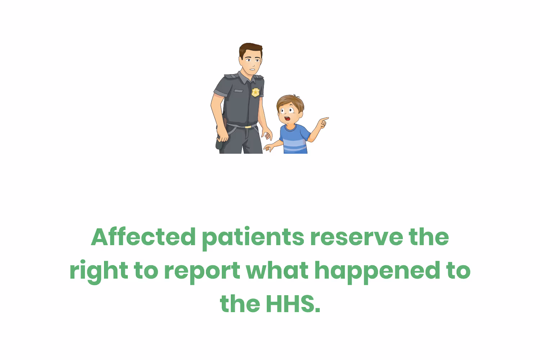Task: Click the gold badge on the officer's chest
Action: pos(255,92)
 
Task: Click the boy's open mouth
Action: pos(287,118)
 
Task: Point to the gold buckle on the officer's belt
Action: pos(248,126)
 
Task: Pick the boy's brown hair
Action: pos(290,100)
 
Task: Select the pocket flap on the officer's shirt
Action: pos(238,90)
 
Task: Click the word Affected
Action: pos(143,237)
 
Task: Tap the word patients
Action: pos(253,237)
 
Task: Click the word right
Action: pos(98,271)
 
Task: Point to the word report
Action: pos(202,271)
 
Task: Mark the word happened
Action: pos(377,271)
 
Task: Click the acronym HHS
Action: pos(293,304)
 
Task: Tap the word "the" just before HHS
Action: pos(240,304)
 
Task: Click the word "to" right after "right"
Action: pos(146,271)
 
